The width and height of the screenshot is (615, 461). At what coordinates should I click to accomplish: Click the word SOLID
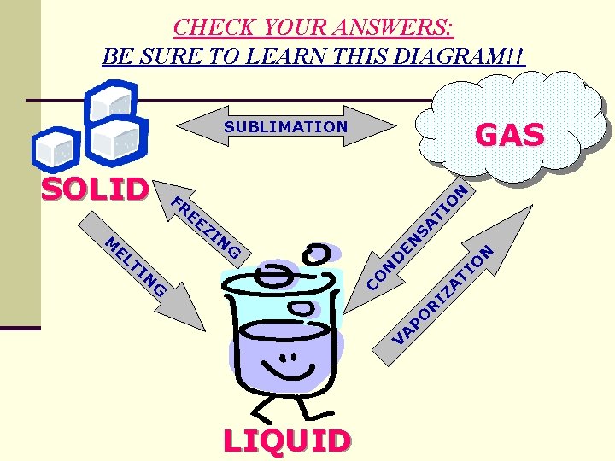[95, 190]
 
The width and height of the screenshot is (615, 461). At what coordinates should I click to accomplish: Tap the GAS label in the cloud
[509, 135]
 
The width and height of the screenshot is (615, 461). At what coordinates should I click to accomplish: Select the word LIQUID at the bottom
[286, 441]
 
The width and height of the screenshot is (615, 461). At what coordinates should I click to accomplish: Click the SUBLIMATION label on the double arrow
[286, 127]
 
